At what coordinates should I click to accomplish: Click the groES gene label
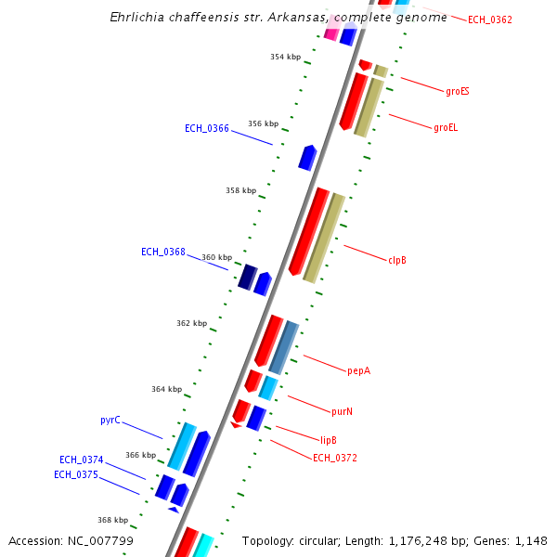click(457, 91)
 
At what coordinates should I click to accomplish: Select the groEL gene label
click(446, 127)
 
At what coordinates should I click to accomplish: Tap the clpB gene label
click(397, 260)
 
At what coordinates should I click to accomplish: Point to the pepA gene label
click(358, 370)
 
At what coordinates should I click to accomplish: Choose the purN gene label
click(343, 410)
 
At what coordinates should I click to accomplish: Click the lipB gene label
click(328, 439)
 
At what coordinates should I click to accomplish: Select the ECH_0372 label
click(334, 458)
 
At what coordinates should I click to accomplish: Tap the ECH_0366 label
click(206, 128)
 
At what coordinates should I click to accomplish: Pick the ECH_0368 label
click(162, 252)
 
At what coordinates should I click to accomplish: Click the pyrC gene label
click(110, 420)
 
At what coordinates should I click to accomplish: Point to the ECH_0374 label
click(81, 460)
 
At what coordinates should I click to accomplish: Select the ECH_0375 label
click(75, 474)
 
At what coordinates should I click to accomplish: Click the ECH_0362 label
click(489, 19)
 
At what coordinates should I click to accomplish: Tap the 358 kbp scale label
click(240, 190)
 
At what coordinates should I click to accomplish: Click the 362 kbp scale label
click(191, 323)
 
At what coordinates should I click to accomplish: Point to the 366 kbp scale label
click(140, 455)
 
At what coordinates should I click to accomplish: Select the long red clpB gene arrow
click(309, 231)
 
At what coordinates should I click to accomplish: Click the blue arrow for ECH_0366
click(307, 157)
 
